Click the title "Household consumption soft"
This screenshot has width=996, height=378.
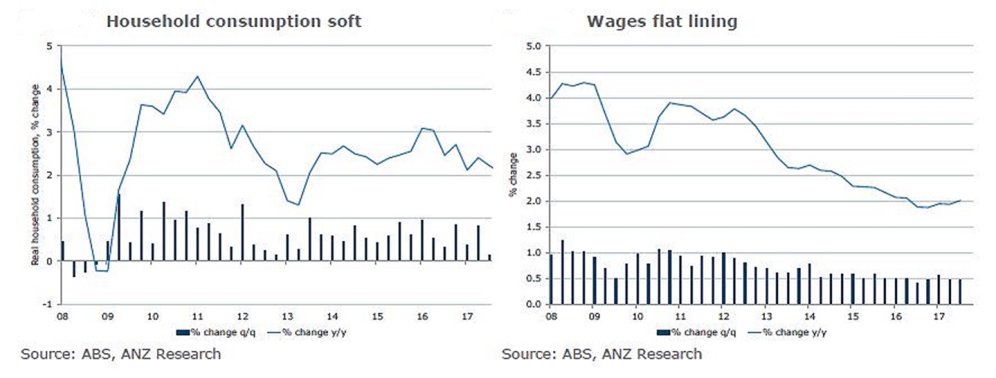[234, 21]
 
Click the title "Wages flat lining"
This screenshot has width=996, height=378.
[661, 21]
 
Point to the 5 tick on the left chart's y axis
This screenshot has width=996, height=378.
[49, 46]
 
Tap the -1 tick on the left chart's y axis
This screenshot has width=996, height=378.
[47, 305]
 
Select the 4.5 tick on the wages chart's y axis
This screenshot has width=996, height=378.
[533, 72]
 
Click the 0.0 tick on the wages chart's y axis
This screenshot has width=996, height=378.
[533, 305]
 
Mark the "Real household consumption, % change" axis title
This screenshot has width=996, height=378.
[35, 175]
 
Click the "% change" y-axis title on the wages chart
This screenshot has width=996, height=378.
[514, 175]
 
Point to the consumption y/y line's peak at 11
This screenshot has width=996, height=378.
[197, 76]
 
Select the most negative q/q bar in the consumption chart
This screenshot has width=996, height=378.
[73, 269]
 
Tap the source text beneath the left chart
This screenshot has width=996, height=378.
[121, 354]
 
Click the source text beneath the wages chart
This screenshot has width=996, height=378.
[601, 354]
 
